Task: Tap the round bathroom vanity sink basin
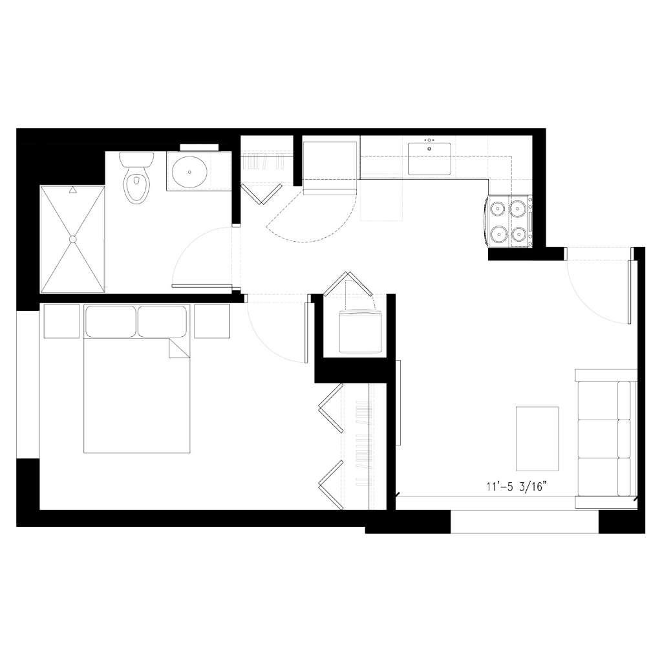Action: [x=189, y=172]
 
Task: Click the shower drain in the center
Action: [x=72, y=239]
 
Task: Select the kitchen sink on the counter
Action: [x=429, y=159]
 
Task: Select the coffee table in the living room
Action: [x=537, y=439]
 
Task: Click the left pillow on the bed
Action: [x=111, y=321]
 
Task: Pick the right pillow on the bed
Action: [x=162, y=321]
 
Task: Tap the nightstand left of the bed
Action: [x=61, y=321]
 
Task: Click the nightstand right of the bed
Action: [x=212, y=321]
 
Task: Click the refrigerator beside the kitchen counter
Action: [x=330, y=166]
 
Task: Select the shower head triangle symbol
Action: [x=73, y=190]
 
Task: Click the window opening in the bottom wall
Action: [x=525, y=522]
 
